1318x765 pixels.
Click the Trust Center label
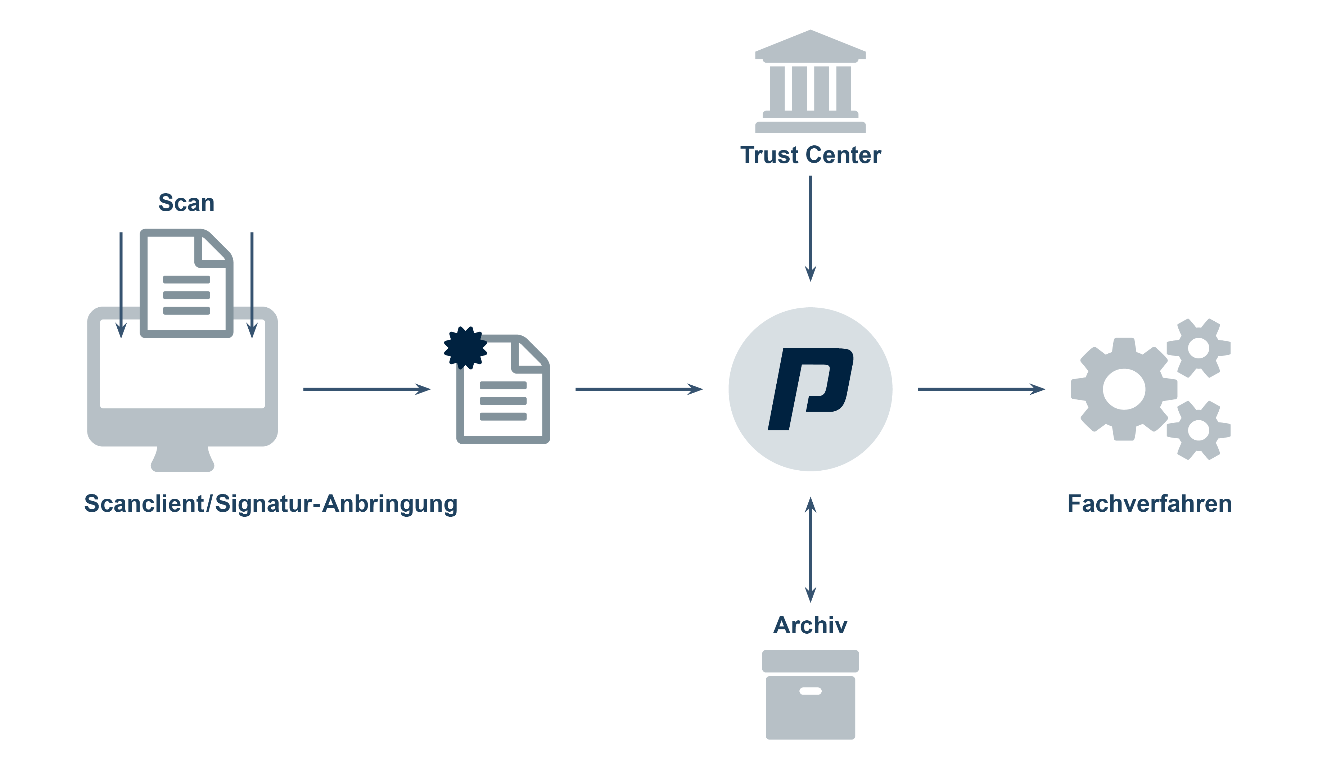[810, 155]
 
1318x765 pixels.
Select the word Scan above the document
[186, 203]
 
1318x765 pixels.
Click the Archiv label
[810, 625]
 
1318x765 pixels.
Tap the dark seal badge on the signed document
[465, 348]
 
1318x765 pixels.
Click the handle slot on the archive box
[810, 691]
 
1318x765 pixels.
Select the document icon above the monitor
[186, 284]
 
